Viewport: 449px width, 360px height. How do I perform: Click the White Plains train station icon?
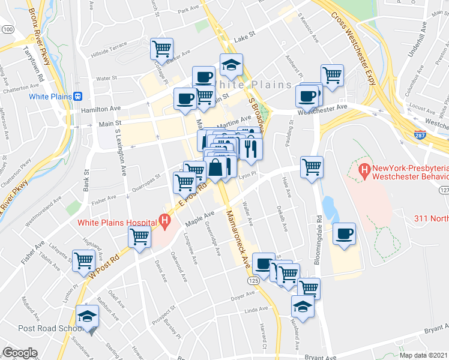coord(77,96)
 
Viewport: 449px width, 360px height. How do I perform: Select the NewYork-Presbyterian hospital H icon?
coord(364,171)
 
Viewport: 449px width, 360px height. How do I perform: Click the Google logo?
coord(19,353)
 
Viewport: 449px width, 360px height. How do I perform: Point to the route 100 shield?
coord(8,29)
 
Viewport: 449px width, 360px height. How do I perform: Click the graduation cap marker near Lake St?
coord(231,64)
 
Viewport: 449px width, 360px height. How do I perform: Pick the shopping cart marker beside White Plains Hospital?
coord(140,238)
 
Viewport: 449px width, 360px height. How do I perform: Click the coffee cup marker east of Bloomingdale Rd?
coord(344,234)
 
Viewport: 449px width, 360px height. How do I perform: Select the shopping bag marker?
coord(215,168)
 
